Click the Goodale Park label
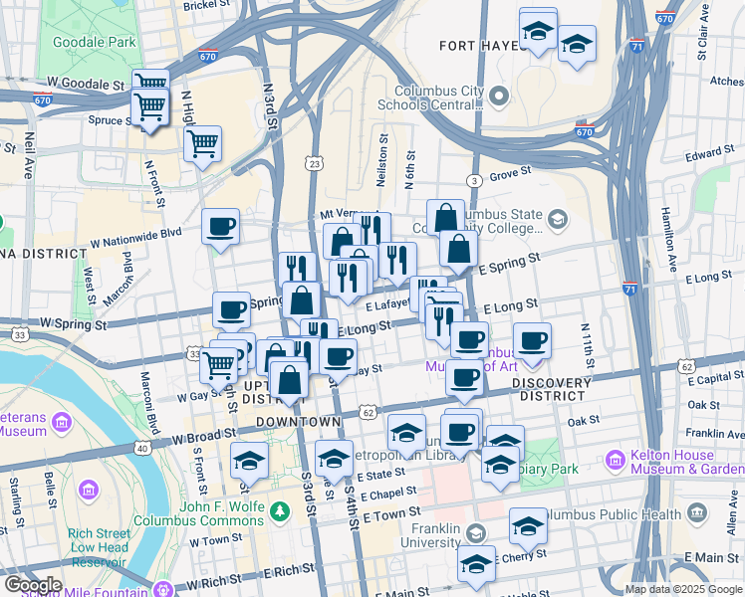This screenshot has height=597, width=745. coord(93,43)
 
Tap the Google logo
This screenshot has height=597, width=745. coord(33,585)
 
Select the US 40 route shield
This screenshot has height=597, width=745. coord(142,449)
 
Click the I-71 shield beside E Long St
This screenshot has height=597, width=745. coord(629,289)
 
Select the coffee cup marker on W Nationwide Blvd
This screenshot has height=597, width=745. coord(220,226)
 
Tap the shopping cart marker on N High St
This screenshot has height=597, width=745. coord(201,142)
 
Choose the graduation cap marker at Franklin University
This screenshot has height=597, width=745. coord(476,564)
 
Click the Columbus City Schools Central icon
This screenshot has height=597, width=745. coord(499,96)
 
